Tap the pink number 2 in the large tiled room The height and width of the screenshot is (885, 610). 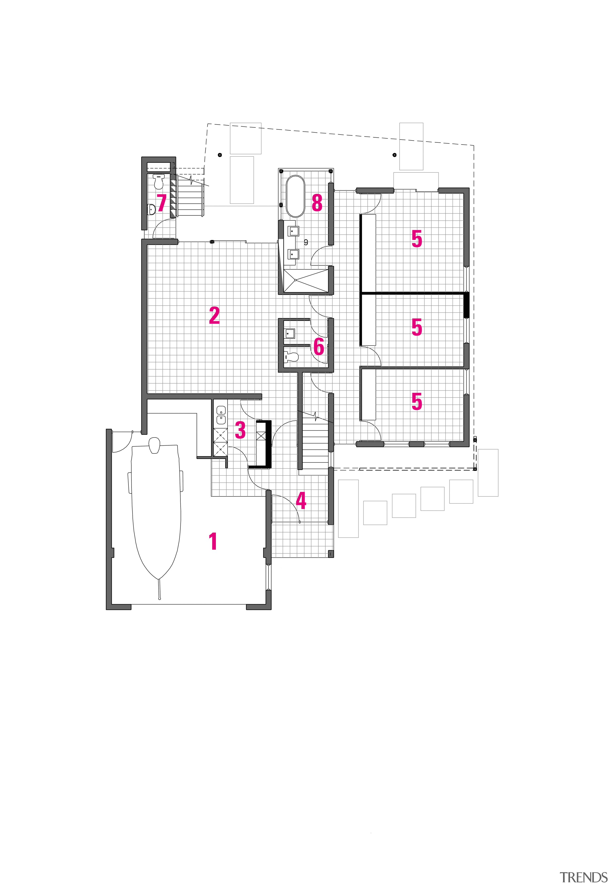click(214, 316)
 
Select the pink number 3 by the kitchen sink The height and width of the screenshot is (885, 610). click(240, 430)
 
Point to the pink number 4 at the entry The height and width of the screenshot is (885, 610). click(301, 501)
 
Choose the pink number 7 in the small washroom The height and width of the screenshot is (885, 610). click(162, 203)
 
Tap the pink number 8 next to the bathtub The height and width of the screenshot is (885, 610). click(317, 203)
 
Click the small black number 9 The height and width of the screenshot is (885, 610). click(306, 242)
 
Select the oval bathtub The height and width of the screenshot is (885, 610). click(295, 196)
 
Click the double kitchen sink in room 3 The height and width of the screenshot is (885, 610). click(221, 415)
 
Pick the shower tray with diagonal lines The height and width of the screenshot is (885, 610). click(305, 281)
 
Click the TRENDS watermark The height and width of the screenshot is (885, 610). click(583, 877)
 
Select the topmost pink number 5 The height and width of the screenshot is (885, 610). click(417, 239)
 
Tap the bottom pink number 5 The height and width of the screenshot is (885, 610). click(417, 401)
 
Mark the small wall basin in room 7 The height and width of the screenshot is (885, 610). click(151, 209)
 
